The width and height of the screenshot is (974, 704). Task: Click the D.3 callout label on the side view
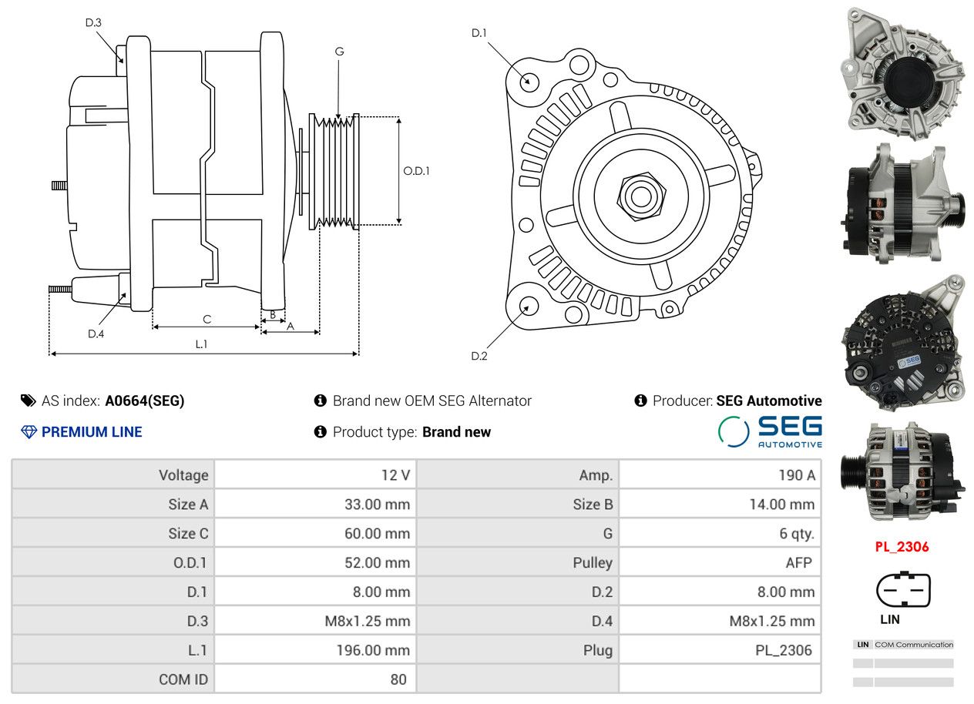[93, 22]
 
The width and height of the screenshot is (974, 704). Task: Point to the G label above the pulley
[340, 52]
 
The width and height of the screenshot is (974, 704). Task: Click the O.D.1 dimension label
[416, 171]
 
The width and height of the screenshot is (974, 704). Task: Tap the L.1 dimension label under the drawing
[201, 344]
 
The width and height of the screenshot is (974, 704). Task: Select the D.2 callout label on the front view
[479, 357]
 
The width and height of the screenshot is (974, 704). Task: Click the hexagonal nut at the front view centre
[641, 197]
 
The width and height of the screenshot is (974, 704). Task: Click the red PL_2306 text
[902, 547]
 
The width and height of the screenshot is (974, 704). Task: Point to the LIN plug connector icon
[903, 590]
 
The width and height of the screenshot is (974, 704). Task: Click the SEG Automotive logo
[770, 431]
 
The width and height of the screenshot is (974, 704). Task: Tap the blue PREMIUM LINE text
[92, 432]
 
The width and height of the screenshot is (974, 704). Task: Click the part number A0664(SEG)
[145, 401]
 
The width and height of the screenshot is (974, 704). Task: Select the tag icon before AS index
[29, 401]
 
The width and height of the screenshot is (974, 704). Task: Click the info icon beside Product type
[320, 432]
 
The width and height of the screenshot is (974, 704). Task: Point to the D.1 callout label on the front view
[479, 33]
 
